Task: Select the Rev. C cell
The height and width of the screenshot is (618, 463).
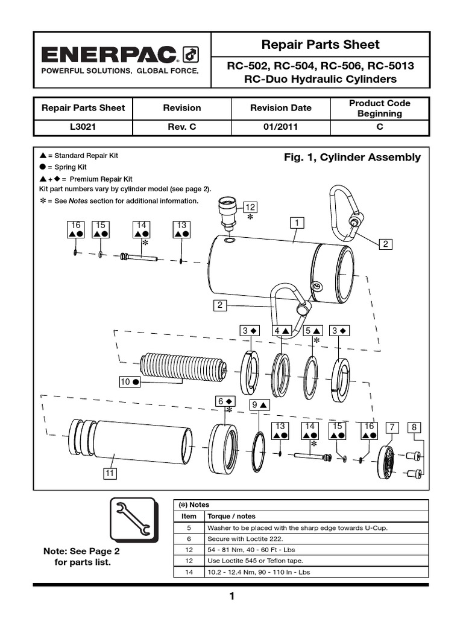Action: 181,127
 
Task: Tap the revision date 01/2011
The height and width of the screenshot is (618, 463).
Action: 281,127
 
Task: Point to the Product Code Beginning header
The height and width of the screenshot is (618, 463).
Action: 379,108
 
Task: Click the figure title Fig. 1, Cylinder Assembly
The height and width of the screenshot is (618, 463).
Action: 352,158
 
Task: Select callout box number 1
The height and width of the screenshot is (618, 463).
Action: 297,223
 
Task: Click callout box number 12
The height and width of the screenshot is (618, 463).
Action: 250,208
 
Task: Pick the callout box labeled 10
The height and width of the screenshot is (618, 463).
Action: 130,382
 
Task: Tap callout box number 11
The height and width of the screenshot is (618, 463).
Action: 109,474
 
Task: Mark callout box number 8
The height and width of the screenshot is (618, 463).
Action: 414,428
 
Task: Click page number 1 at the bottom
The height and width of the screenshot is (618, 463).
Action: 231,597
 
